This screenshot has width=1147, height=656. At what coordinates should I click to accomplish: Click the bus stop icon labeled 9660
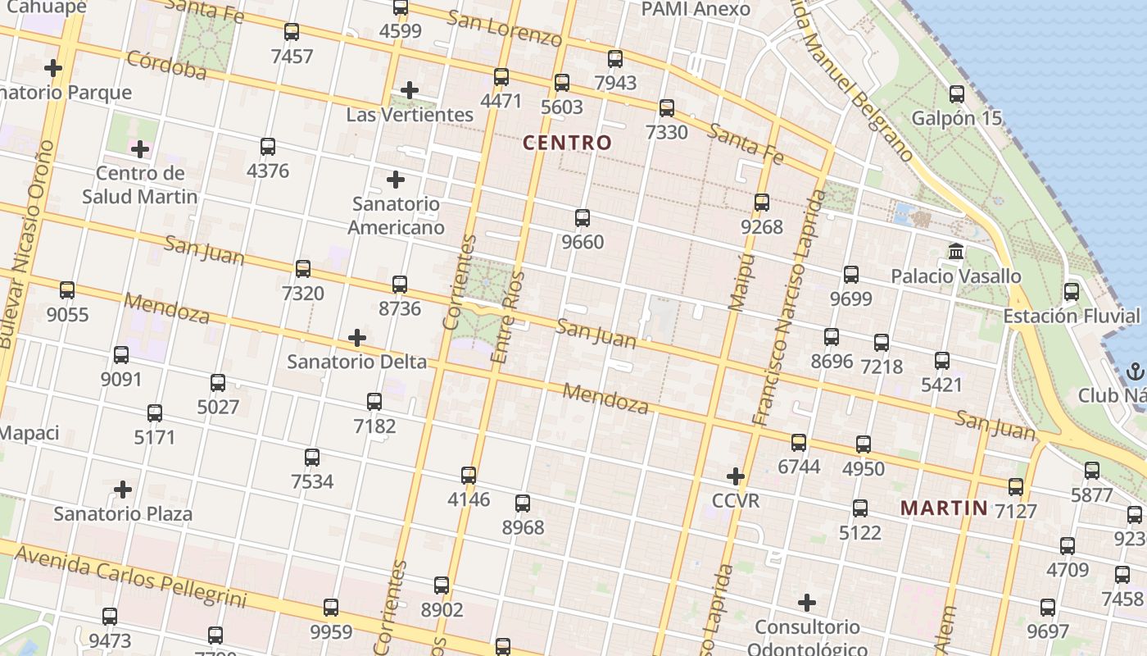(x=583, y=218)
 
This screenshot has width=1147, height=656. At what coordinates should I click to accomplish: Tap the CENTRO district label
(x=567, y=143)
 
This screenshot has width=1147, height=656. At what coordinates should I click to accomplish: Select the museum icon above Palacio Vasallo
(x=956, y=252)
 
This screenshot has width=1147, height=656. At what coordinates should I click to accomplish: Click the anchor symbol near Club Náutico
(x=1135, y=371)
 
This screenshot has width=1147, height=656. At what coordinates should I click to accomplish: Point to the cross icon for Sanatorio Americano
(x=396, y=180)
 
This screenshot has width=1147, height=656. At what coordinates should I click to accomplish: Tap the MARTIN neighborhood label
(x=945, y=508)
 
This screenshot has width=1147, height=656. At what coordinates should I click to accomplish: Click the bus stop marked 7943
(x=615, y=59)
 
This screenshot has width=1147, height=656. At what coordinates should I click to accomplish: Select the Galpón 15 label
(x=956, y=118)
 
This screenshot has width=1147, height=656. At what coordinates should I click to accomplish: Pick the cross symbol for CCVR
(x=736, y=476)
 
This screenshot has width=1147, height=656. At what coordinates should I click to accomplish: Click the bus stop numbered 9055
(x=67, y=290)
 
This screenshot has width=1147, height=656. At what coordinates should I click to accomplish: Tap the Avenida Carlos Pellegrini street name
(x=131, y=577)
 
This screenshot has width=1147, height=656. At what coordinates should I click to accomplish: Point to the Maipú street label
(x=741, y=282)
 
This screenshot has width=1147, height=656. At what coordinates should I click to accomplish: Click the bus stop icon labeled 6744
(x=799, y=443)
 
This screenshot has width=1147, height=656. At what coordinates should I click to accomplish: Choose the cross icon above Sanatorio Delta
(x=357, y=338)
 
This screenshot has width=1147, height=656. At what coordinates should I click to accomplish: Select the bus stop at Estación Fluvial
(x=1071, y=292)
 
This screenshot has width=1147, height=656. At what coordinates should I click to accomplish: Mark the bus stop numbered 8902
(x=442, y=585)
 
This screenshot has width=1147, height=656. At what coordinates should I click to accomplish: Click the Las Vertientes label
(x=410, y=115)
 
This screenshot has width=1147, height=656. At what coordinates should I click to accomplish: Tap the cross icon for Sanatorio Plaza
(x=123, y=490)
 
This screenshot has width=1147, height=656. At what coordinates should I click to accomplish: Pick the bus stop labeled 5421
(x=942, y=360)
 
